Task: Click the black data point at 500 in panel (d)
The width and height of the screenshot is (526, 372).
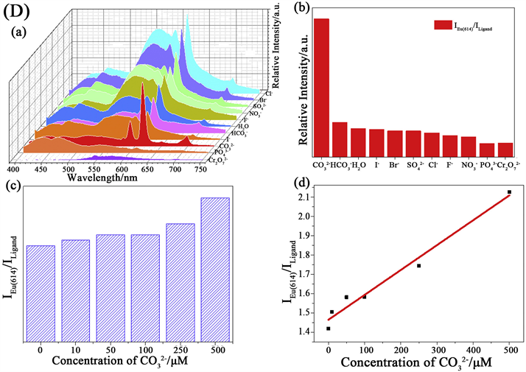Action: (509, 192)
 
